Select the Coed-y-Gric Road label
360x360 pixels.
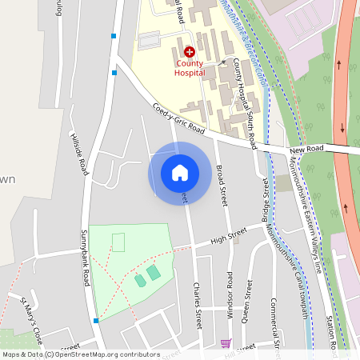179,118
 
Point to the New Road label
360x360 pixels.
306,150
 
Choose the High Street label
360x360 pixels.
228,238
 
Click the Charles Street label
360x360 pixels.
196,305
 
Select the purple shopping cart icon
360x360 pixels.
226,343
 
